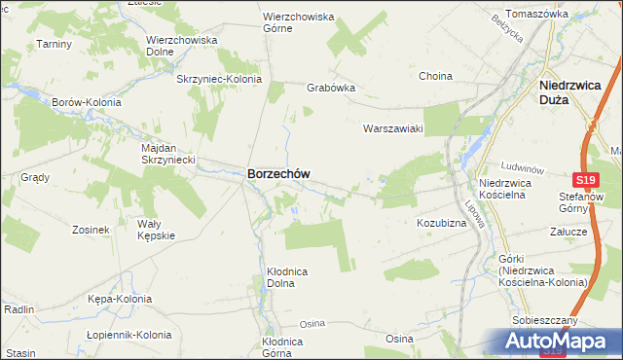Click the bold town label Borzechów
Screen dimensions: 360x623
[279, 174]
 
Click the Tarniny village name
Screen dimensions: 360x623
[55, 44]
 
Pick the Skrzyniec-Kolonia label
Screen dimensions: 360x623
[216, 79]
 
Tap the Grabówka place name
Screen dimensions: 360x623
[331, 87]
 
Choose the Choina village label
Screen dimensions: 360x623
[435, 76]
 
